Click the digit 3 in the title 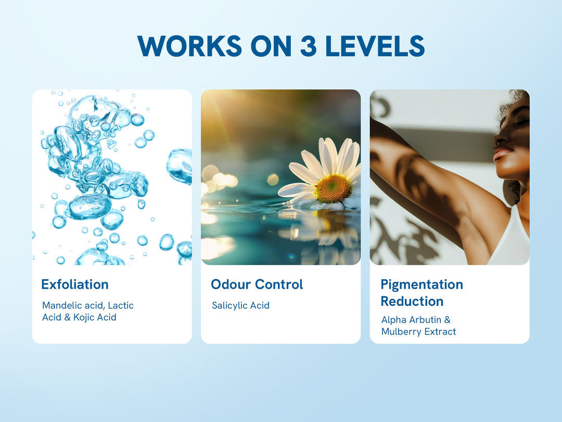pyautogui.click(x=308, y=46)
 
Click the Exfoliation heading pyautogui.click(x=75, y=284)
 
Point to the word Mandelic pyautogui.click(x=62, y=305)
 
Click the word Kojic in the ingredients pyautogui.click(x=85, y=318)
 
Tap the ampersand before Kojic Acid pyautogui.click(x=67, y=317)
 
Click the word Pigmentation pyautogui.click(x=422, y=284)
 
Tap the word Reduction pyautogui.click(x=412, y=301)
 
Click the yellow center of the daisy pyautogui.click(x=333, y=189)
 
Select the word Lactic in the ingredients pyautogui.click(x=121, y=305)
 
